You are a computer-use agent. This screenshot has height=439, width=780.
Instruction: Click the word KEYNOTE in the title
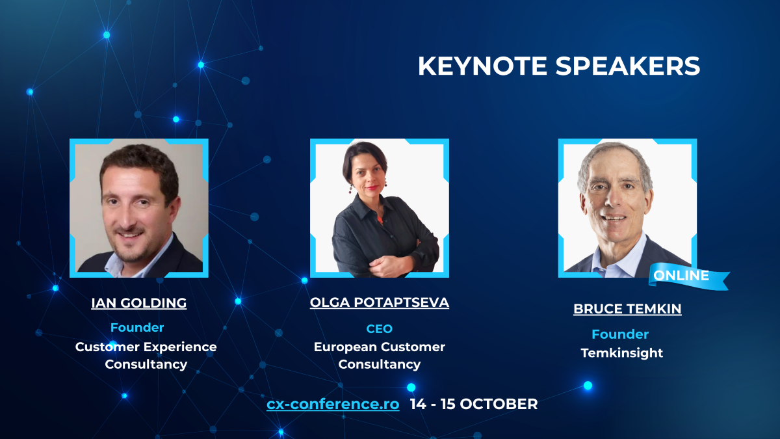pyautogui.click(x=482, y=66)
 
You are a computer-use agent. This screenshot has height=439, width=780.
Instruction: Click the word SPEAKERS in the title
pyautogui.click(x=627, y=66)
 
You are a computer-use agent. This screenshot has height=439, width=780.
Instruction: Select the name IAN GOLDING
pyautogui.click(x=139, y=303)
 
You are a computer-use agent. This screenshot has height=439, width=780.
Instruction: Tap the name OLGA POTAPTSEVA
pyautogui.click(x=380, y=302)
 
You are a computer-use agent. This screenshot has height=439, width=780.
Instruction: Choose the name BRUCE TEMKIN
pyautogui.click(x=627, y=309)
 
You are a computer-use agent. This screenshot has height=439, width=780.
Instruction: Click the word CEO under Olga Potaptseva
pyautogui.click(x=379, y=328)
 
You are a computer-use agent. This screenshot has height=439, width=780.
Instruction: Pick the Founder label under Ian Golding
pyautogui.click(x=137, y=328)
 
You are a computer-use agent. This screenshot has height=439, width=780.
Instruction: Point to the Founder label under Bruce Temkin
pyautogui.click(x=620, y=334)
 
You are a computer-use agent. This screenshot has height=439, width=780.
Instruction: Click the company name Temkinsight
pyautogui.click(x=622, y=353)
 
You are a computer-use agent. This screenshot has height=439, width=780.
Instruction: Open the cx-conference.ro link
pyautogui.click(x=333, y=404)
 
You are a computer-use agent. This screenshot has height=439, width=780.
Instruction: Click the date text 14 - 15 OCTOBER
pyautogui.click(x=474, y=404)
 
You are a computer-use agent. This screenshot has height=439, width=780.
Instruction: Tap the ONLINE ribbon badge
pyautogui.click(x=688, y=276)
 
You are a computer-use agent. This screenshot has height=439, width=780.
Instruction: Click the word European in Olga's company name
pyautogui.click(x=344, y=347)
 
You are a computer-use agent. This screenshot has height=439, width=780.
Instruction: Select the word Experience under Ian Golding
pyautogui.click(x=181, y=347)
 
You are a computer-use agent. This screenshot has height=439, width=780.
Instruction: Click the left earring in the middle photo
pyautogui.click(x=350, y=189)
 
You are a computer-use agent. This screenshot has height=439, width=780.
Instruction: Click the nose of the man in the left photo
pyautogui.click(x=128, y=215)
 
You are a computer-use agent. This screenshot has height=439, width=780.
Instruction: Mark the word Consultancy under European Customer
pyautogui.click(x=380, y=364)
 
